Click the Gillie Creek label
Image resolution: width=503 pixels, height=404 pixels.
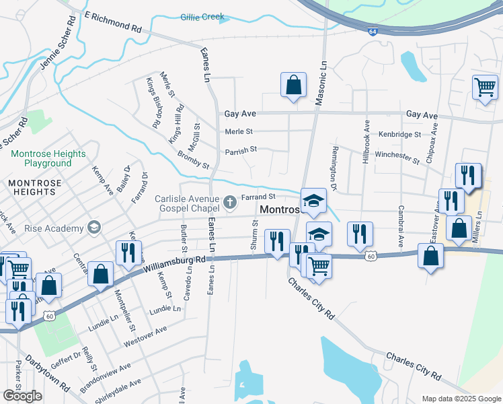202,17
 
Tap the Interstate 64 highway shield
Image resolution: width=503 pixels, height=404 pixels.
373,31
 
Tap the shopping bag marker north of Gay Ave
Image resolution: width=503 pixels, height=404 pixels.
293,86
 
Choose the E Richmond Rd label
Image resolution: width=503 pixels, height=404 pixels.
114,22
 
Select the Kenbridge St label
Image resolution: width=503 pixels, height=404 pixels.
399,135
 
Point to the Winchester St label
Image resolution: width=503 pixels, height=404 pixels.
399,154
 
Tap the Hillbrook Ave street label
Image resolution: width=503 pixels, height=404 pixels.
366,141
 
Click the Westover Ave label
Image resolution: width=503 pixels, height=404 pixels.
145,337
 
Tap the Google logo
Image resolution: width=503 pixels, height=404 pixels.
22,395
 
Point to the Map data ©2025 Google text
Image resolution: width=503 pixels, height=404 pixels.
462,399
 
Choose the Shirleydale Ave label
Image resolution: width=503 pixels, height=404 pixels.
120,391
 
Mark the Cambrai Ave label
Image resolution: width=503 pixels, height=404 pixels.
401,225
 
